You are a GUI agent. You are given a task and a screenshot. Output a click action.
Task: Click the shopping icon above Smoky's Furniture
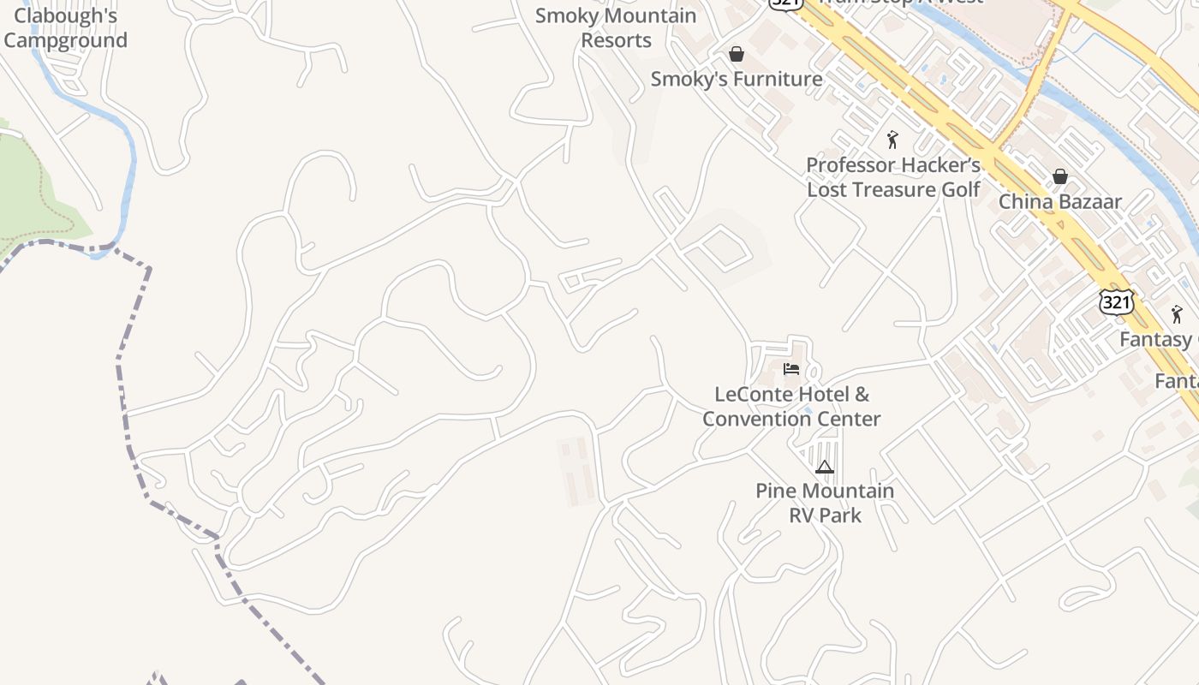tap(737, 55)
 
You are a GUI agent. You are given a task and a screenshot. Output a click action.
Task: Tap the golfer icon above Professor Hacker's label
tap(893, 140)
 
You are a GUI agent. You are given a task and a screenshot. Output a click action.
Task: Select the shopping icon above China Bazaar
tap(1060, 177)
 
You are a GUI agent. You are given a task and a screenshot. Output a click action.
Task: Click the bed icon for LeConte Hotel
tap(791, 369)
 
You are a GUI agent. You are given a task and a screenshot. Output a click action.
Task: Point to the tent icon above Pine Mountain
tap(825, 467)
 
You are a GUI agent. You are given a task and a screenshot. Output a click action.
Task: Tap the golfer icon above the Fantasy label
tap(1178, 314)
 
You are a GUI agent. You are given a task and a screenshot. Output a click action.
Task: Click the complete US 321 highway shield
tap(1118, 301)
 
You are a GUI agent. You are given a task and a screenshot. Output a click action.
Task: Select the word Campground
tap(66, 40)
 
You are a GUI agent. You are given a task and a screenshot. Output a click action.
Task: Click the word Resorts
tap(617, 40)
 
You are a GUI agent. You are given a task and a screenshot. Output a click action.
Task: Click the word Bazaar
tap(1089, 202)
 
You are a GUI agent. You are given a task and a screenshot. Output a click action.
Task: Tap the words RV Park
tap(825, 515)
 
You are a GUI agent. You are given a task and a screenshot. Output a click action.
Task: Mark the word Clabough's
tap(66, 15)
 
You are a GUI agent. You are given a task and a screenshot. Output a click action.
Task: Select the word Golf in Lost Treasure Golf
tap(960, 189)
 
